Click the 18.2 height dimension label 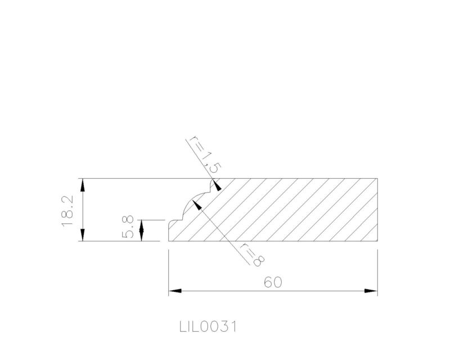[67, 211]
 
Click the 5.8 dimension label [128, 227]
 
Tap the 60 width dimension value [273, 282]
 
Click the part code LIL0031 [208, 327]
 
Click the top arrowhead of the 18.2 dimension [83, 185]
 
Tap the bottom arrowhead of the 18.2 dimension [83, 235]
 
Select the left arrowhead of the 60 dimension [175, 291]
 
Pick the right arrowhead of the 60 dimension [371, 291]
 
